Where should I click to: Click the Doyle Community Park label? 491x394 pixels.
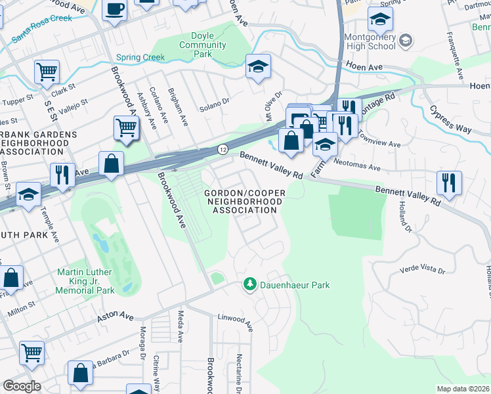[202, 45]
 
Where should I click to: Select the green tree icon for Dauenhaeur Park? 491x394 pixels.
[249, 284]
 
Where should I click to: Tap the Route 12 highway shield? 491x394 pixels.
[223, 150]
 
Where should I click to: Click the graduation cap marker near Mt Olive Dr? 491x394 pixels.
[258, 66]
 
